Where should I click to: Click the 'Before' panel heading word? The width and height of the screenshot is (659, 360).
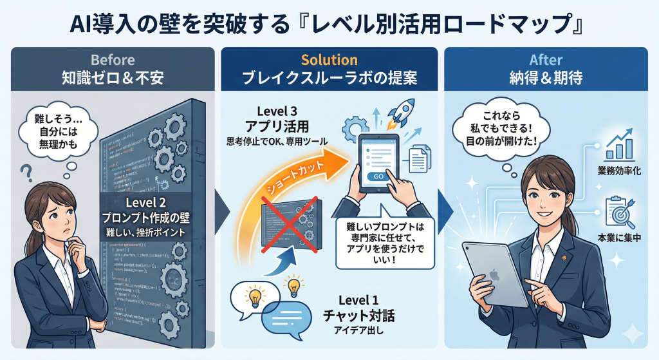(x=113, y=60)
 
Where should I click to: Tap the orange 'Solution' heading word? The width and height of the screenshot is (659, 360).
(x=329, y=60)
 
